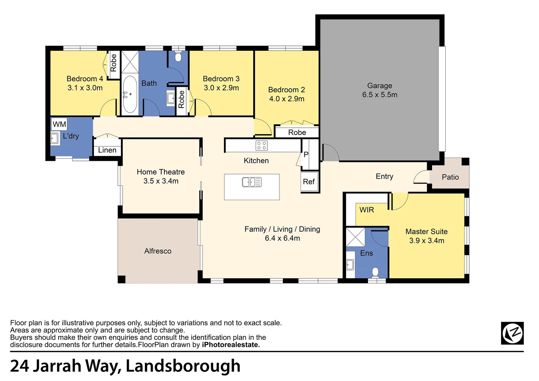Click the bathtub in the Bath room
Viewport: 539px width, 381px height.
pyautogui.click(x=130, y=94)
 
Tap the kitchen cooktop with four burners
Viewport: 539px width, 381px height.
pyautogui.click(x=262, y=145)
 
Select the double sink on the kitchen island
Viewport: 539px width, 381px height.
pyautogui.click(x=252, y=182)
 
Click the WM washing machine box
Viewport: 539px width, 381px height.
pyautogui.click(x=59, y=124)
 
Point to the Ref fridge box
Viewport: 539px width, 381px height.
pyautogui.click(x=309, y=182)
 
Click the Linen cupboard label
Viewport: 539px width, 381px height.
pyautogui.click(x=107, y=150)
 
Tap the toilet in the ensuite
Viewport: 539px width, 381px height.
pyautogui.click(x=375, y=272)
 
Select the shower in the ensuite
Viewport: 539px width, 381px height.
pyautogui.click(x=355, y=237)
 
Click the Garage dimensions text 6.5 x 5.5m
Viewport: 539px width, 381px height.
pyautogui.click(x=380, y=95)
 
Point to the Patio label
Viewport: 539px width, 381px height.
pyautogui.click(x=450, y=177)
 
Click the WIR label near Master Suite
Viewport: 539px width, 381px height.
pyautogui.click(x=367, y=210)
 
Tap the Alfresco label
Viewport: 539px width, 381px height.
pyautogui.click(x=158, y=251)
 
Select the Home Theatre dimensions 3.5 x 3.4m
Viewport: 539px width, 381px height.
pyautogui.click(x=161, y=181)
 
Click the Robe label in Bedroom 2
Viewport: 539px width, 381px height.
pyautogui.click(x=297, y=132)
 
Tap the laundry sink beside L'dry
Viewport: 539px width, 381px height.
pyautogui.click(x=54, y=138)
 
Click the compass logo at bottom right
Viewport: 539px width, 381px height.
pyautogui.click(x=512, y=333)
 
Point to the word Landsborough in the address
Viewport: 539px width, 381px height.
pyautogui.click(x=183, y=366)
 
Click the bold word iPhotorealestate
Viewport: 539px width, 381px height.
pyautogui.click(x=231, y=345)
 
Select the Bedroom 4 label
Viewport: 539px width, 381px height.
pyautogui.click(x=85, y=79)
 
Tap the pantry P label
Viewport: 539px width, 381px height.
pyautogui.click(x=306, y=155)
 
